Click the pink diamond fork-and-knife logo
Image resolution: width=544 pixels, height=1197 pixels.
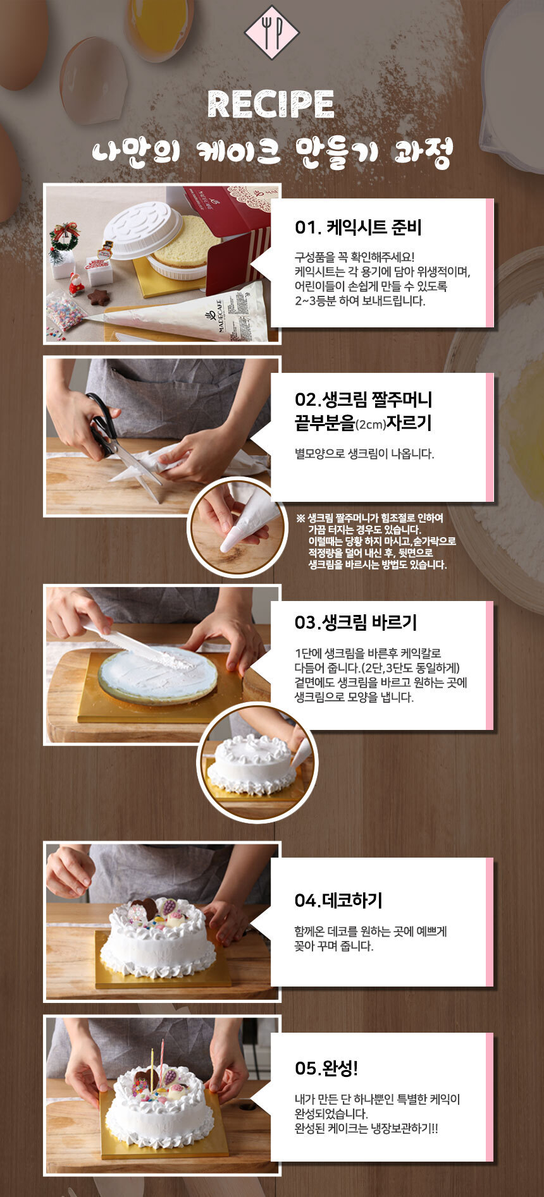pyautogui.click(x=271, y=32)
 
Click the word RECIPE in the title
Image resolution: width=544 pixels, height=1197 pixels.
pyautogui.click(x=271, y=104)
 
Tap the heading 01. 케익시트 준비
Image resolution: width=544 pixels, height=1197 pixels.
pyautogui.click(x=358, y=228)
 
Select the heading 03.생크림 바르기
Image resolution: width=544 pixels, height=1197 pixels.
pyautogui.click(x=355, y=623)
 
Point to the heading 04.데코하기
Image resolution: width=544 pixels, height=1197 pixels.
pyautogui.click(x=338, y=901)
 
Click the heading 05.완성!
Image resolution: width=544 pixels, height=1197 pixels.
pyautogui.click(x=326, y=1069)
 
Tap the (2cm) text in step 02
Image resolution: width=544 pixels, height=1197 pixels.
pyautogui.click(x=371, y=425)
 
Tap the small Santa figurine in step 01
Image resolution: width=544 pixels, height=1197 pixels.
pyautogui.click(x=77, y=285)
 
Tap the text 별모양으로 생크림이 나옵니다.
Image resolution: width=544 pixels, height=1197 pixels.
pyautogui.click(x=364, y=454)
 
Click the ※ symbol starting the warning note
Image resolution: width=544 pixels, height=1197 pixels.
pyautogui.click(x=300, y=518)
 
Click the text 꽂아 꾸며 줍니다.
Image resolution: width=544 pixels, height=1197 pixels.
pyautogui.click(x=334, y=946)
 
